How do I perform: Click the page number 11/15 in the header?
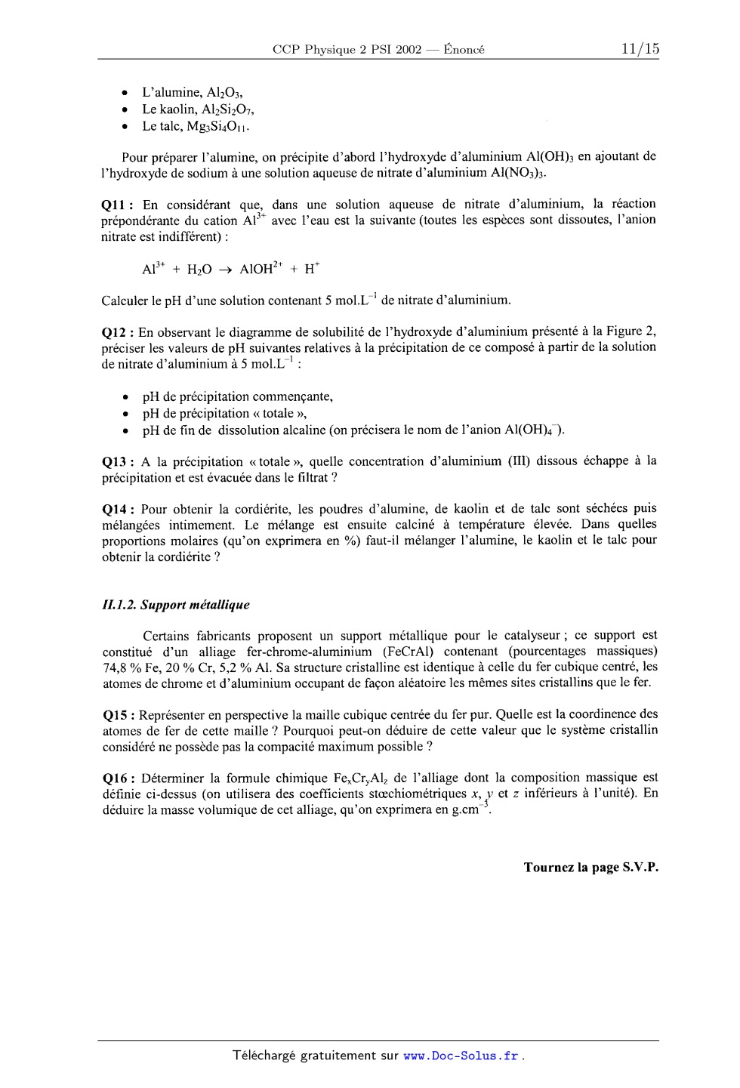coord(640,49)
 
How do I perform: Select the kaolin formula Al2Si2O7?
coord(229,109)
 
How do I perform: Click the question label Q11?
coord(118,204)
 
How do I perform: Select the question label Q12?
coord(118,331)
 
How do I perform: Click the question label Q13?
coord(118,461)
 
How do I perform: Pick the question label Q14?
coord(118,508)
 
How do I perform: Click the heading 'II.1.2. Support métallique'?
coord(176,605)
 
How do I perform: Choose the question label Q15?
coord(118,714)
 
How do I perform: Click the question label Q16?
coord(118,778)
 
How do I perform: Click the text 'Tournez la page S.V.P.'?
coord(591,868)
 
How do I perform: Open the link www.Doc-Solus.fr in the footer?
coord(461,1056)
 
